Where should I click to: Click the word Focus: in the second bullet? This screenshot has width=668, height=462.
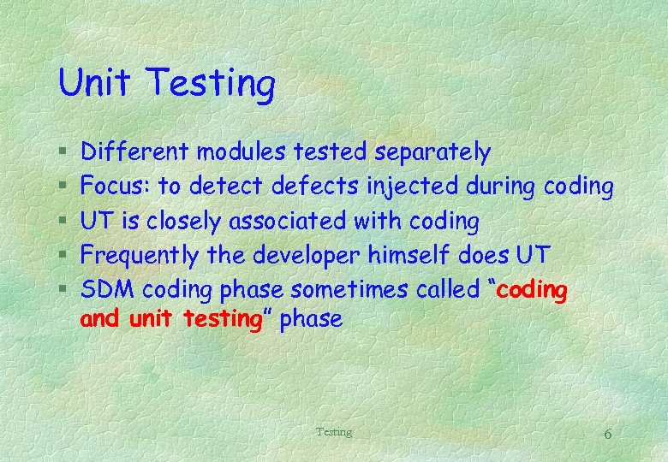pos(116,187)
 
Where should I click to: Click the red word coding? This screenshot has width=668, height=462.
pos(532,291)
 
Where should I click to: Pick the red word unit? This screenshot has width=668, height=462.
pos(151,320)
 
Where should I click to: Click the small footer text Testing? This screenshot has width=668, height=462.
pos(333,432)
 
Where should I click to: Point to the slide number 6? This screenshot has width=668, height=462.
pos(607,434)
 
